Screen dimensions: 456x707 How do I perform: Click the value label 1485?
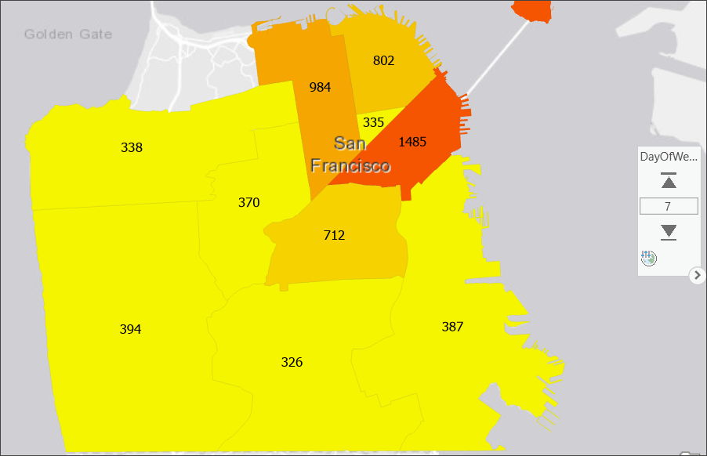click(412, 142)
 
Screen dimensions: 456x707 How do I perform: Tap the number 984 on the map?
click(320, 87)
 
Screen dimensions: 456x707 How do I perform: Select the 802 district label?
click(383, 60)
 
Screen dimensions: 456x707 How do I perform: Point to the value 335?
click(374, 122)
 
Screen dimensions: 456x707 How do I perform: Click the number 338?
click(132, 147)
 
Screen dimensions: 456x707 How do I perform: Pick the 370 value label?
click(248, 202)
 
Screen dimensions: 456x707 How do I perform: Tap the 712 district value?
click(334, 235)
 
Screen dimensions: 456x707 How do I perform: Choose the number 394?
click(130, 329)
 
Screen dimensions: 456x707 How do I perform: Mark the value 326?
click(292, 362)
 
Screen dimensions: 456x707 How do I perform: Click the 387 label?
click(452, 327)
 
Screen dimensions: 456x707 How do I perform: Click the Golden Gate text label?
click(68, 34)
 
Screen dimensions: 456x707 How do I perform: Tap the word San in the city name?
click(349, 143)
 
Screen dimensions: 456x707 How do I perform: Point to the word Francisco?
click(350, 166)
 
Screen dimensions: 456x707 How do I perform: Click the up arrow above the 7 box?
click(669, 182)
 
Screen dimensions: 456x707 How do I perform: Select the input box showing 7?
click(669, 206)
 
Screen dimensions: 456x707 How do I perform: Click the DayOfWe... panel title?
click(669, 157)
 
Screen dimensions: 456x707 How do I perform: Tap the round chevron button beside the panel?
click(698, 275)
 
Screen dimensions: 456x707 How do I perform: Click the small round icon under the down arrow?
click(648, 258)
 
